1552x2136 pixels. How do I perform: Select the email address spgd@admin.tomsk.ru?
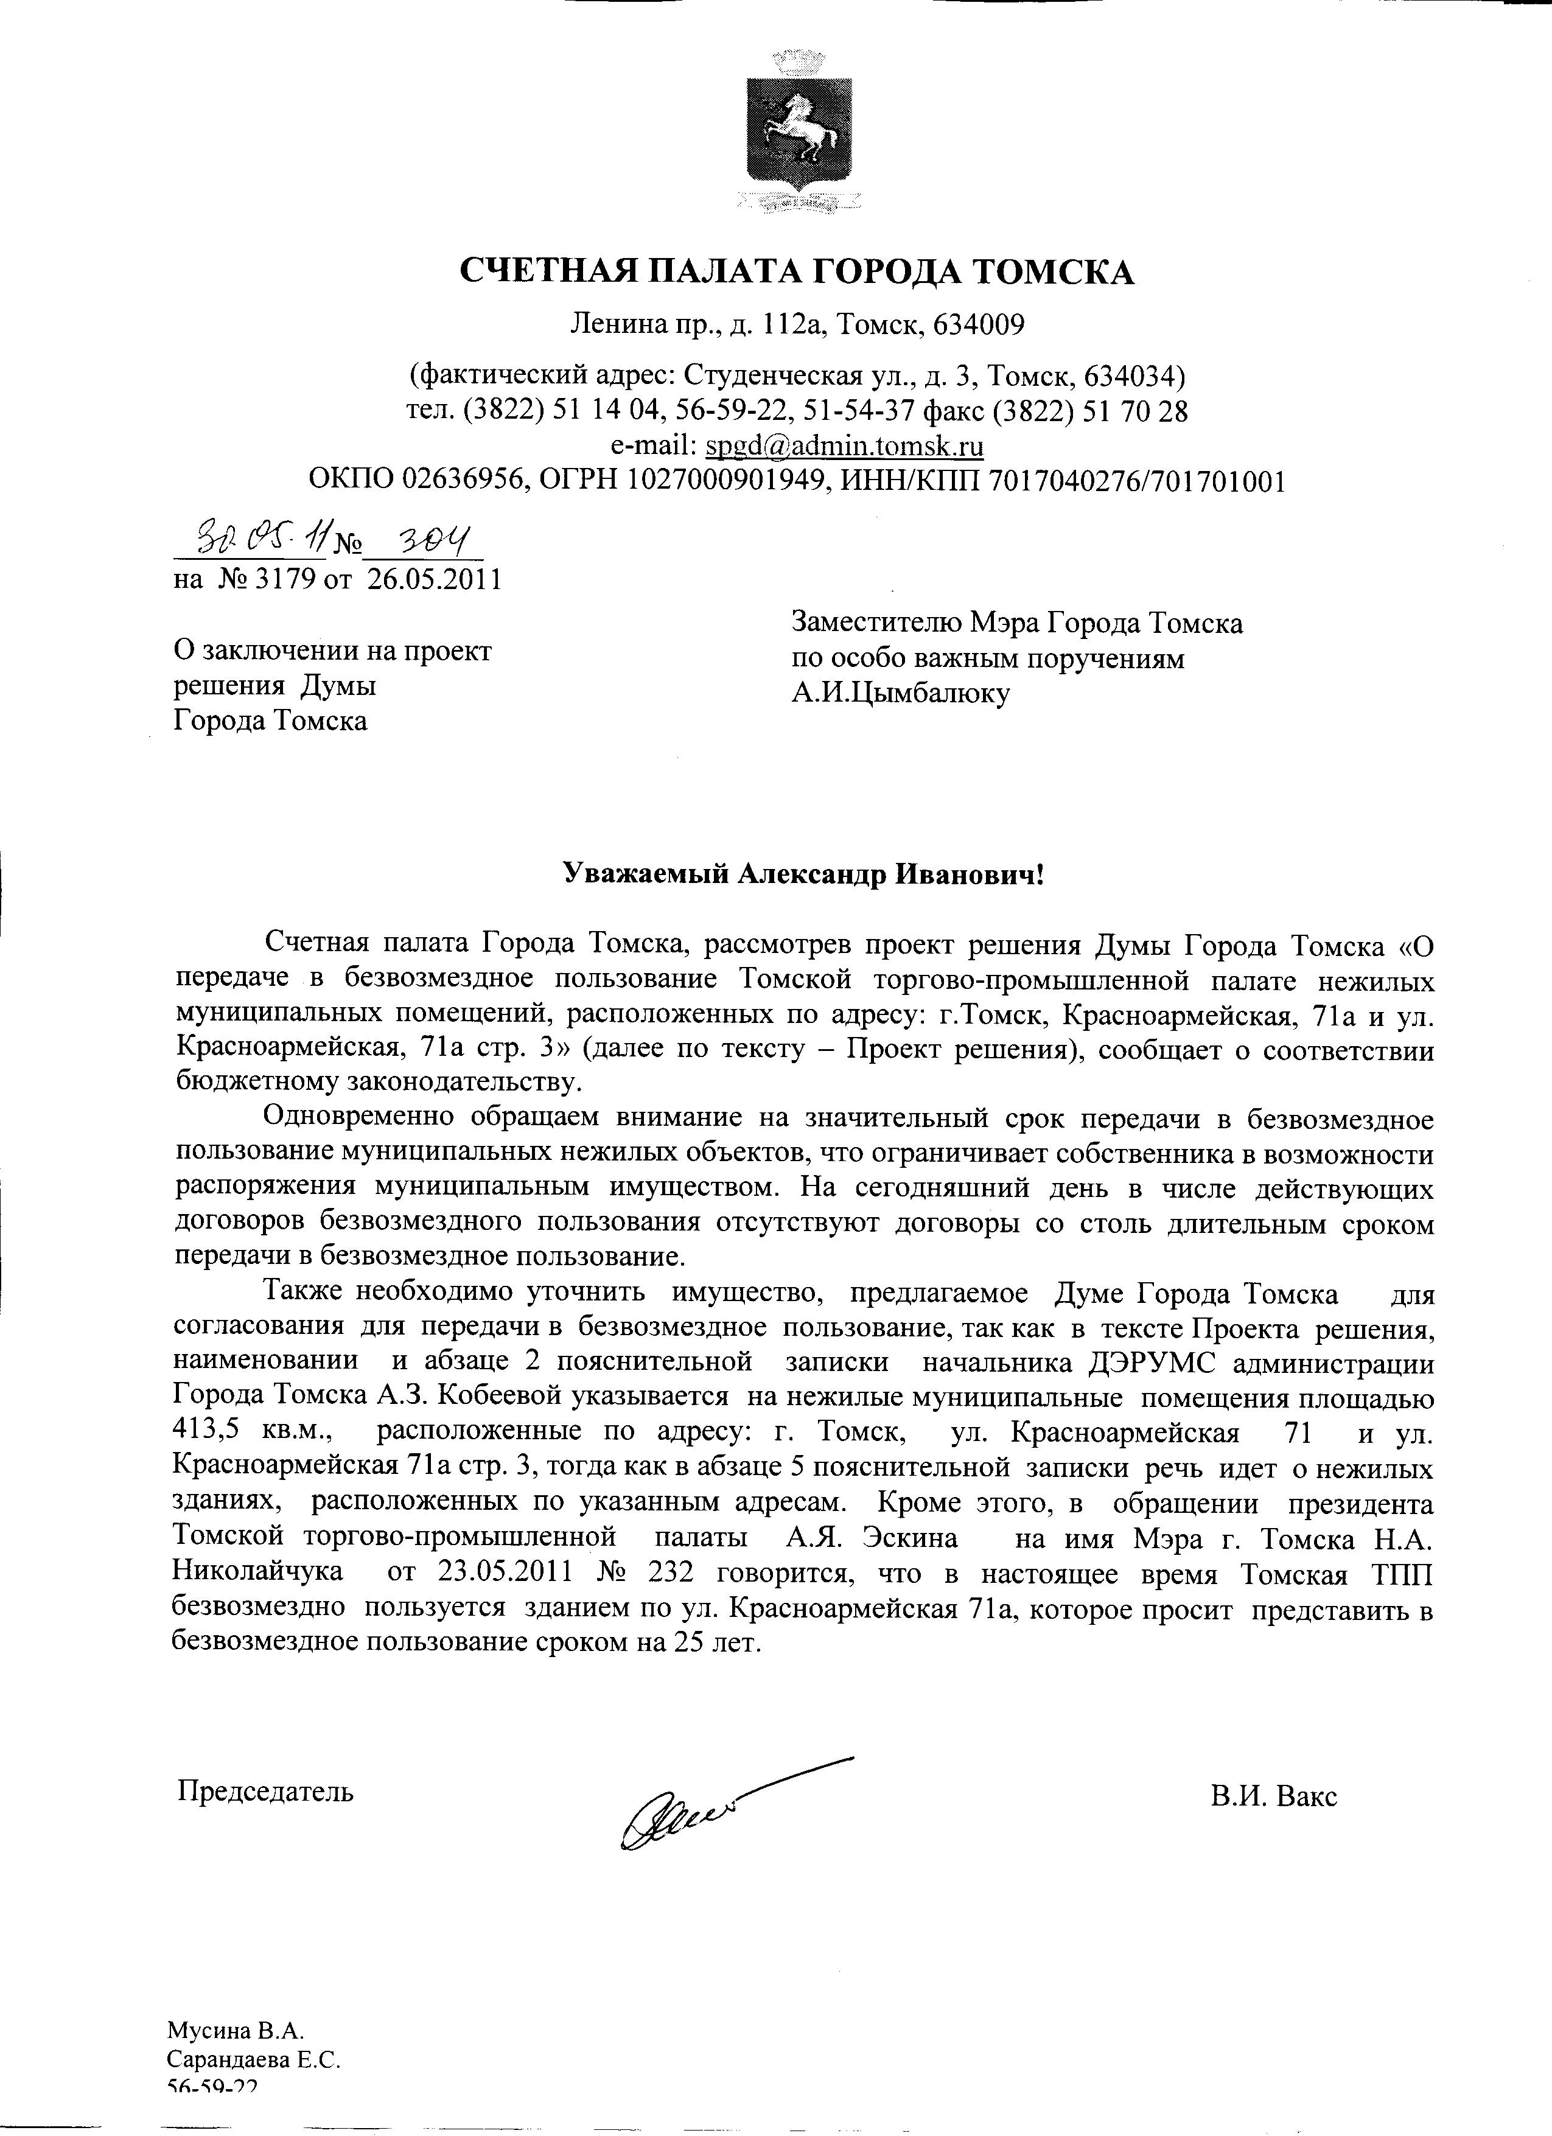[845, 444]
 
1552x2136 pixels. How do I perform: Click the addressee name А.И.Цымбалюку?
[900, 694]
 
